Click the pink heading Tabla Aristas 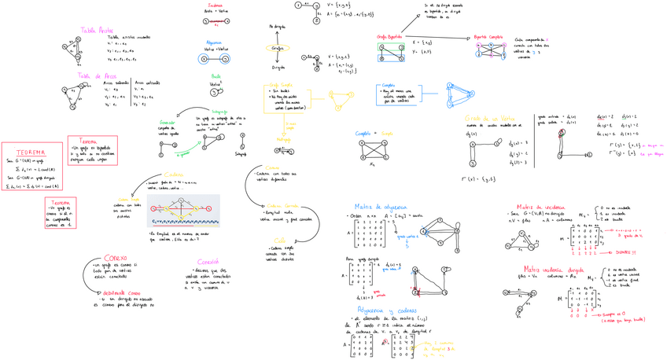coord(96,30)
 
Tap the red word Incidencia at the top coord(213,6)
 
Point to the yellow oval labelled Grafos coord(278,48)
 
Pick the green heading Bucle coord(216,76)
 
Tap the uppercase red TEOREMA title coord(28,151)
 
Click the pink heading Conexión coord(208,261)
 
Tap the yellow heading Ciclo coord(279,241)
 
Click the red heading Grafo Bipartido coord(392,38)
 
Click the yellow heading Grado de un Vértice coord(489,118)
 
